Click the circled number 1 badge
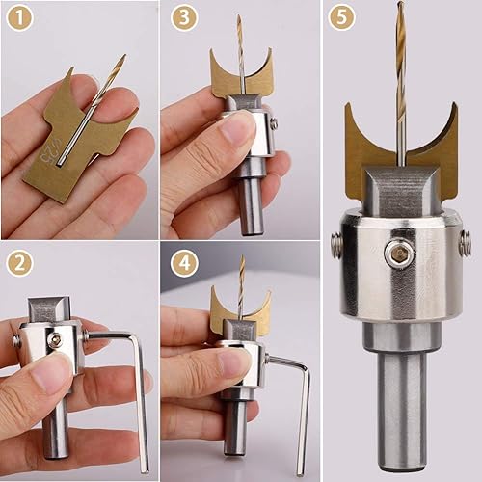[x=20, y=18]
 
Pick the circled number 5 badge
[x=340, y=18]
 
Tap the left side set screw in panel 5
[x=335, y=245]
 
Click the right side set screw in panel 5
[x=465, y=243]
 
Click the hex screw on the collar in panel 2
[x=57, y=339]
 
